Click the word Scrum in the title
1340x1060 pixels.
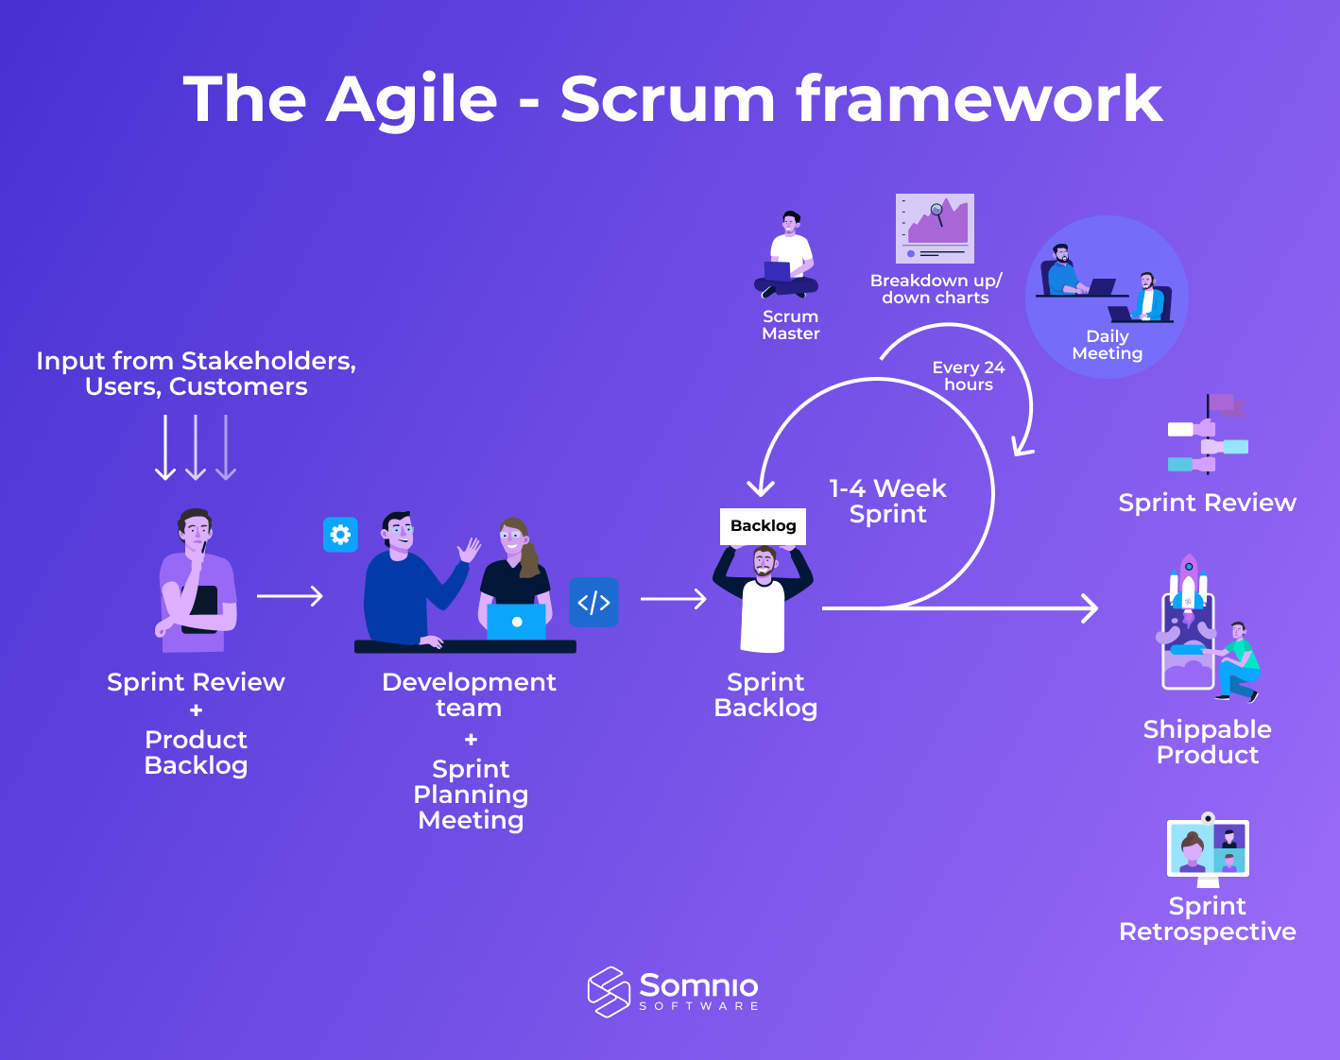[x=668, y=99]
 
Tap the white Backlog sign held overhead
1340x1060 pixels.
[x=763, y=526]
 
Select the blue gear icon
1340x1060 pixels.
[x=340, y=535]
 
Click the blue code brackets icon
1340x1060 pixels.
[x=593, y=603]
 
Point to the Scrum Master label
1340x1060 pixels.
[x=790, y=325]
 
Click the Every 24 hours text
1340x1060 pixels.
[x=968, y=376]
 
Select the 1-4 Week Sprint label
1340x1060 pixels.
[x=887, y=502]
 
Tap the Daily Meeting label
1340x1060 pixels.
[x=1107, y=345]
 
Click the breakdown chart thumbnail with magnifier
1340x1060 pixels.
[x=935, y=229]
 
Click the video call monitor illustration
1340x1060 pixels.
[x=1208, y=848]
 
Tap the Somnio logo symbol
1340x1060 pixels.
[x=609, y=992]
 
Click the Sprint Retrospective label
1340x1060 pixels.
[x=1207, y=919]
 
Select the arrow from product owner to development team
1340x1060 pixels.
[x=290, y=596]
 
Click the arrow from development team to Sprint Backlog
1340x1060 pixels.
[x=674, y=599]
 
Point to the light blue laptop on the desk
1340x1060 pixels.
[x=516, y=622]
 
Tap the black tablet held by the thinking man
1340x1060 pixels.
[x=200, y=608]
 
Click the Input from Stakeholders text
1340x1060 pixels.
[x=196, y=374]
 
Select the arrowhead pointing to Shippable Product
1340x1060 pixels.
[x=1090, y=608]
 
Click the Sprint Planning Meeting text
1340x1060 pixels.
[x=471, y=795]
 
